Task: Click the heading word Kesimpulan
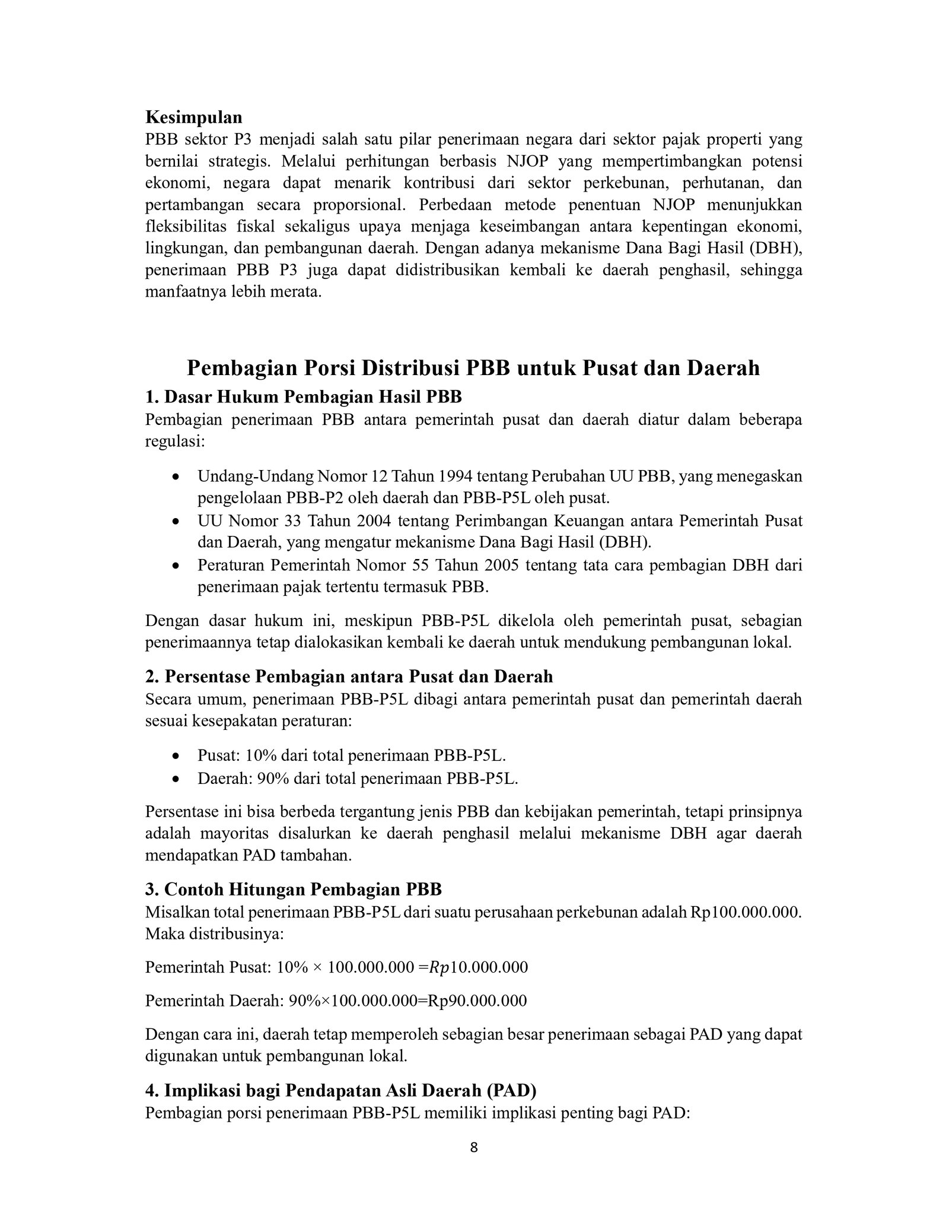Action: coord(193,117)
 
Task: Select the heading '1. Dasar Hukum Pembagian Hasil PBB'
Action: coord(303,396)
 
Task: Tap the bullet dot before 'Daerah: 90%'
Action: coord(176,779)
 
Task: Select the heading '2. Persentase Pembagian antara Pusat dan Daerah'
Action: coord(349,677)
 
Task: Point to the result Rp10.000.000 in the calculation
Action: coord(478,968)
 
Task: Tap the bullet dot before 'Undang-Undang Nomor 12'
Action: coord(176,477)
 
